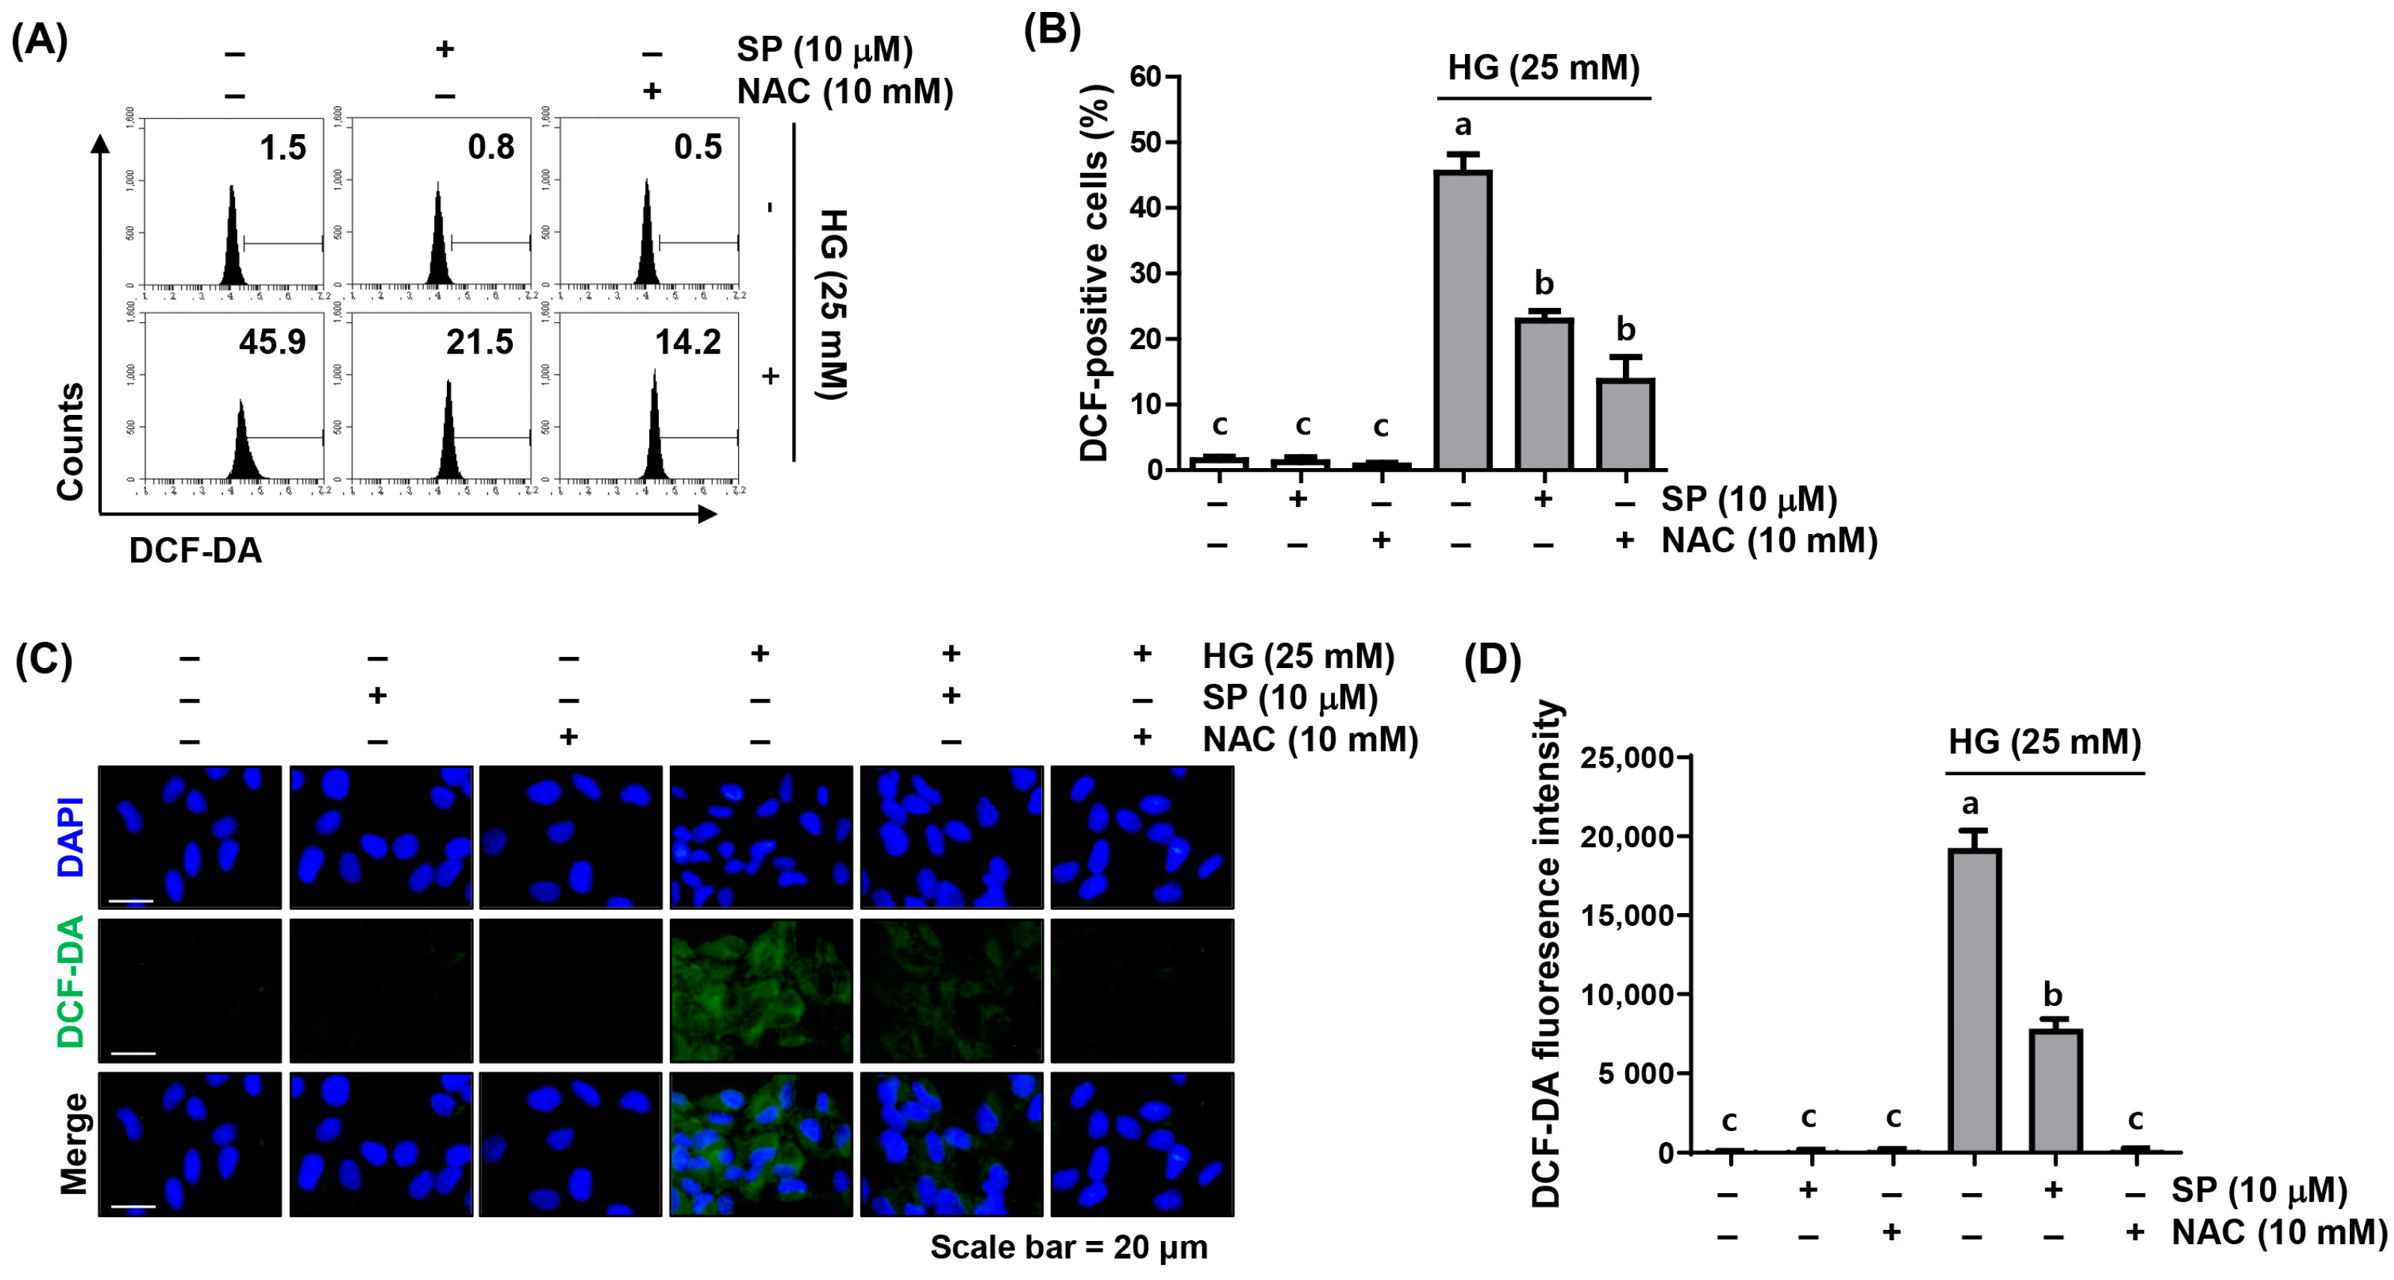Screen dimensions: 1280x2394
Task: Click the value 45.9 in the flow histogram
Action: click(272, 342)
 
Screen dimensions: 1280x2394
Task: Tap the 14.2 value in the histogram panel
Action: click(688, 342)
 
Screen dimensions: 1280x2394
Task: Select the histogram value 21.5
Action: click(480, 342)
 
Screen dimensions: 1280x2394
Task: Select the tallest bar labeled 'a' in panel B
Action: click(1463, 321)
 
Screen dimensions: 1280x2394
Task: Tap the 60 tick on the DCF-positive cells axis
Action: click(1146, 76)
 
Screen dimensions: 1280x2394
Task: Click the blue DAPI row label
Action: click(70, 837)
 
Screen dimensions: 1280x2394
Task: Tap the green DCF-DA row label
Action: click(70, 983)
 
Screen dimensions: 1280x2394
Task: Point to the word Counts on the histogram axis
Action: click(70, 442)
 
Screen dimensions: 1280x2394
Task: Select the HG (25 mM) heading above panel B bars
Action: click(1544, 68)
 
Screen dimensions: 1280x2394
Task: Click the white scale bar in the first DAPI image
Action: click(131, 901)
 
